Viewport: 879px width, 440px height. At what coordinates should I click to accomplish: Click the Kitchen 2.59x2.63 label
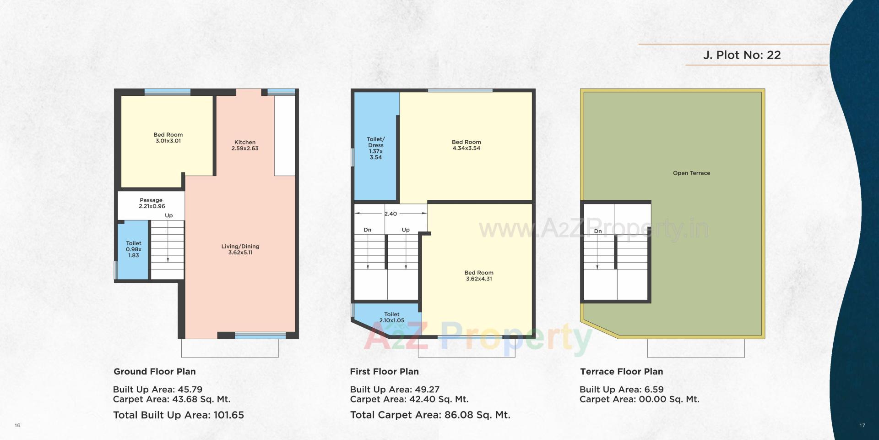[x=245, y=145]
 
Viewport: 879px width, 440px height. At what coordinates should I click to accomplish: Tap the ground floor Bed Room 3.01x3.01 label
[x=168, y=137]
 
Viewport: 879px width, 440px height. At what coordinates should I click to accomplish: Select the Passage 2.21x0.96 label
[x=152, y=203]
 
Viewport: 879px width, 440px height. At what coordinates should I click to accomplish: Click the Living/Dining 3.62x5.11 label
[x=240, y=249]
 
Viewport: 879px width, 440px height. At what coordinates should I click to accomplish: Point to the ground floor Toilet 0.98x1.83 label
[x=134, y=249]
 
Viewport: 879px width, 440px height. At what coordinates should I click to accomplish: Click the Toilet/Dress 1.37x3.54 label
[x=376, y=148]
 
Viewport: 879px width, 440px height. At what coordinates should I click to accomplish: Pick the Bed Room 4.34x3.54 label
[x=466, y=145]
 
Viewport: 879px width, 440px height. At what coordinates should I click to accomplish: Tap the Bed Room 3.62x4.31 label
[x=479, y=275]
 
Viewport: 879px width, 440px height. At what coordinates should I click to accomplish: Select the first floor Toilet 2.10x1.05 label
[x=391, y=317]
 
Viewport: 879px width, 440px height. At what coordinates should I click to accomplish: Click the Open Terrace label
[x=691, y=173]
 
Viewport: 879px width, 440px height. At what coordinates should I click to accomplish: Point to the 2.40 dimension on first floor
[x=391, y=214]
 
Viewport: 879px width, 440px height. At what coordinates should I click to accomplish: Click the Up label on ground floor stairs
[x=169, y=215]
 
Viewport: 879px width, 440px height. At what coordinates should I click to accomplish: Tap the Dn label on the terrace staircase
[x=598, y=231]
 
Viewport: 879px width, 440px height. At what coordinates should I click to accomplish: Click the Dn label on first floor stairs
[x=368, y=230]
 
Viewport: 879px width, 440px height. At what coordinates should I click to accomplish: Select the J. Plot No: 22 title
[x=742, y=55]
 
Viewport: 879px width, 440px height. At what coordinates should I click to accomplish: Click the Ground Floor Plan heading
[x=155, y=372]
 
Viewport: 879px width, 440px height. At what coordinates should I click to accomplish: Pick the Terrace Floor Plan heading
[x=621, y=372]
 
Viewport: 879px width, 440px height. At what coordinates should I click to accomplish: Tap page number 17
[x=862, y=426]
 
